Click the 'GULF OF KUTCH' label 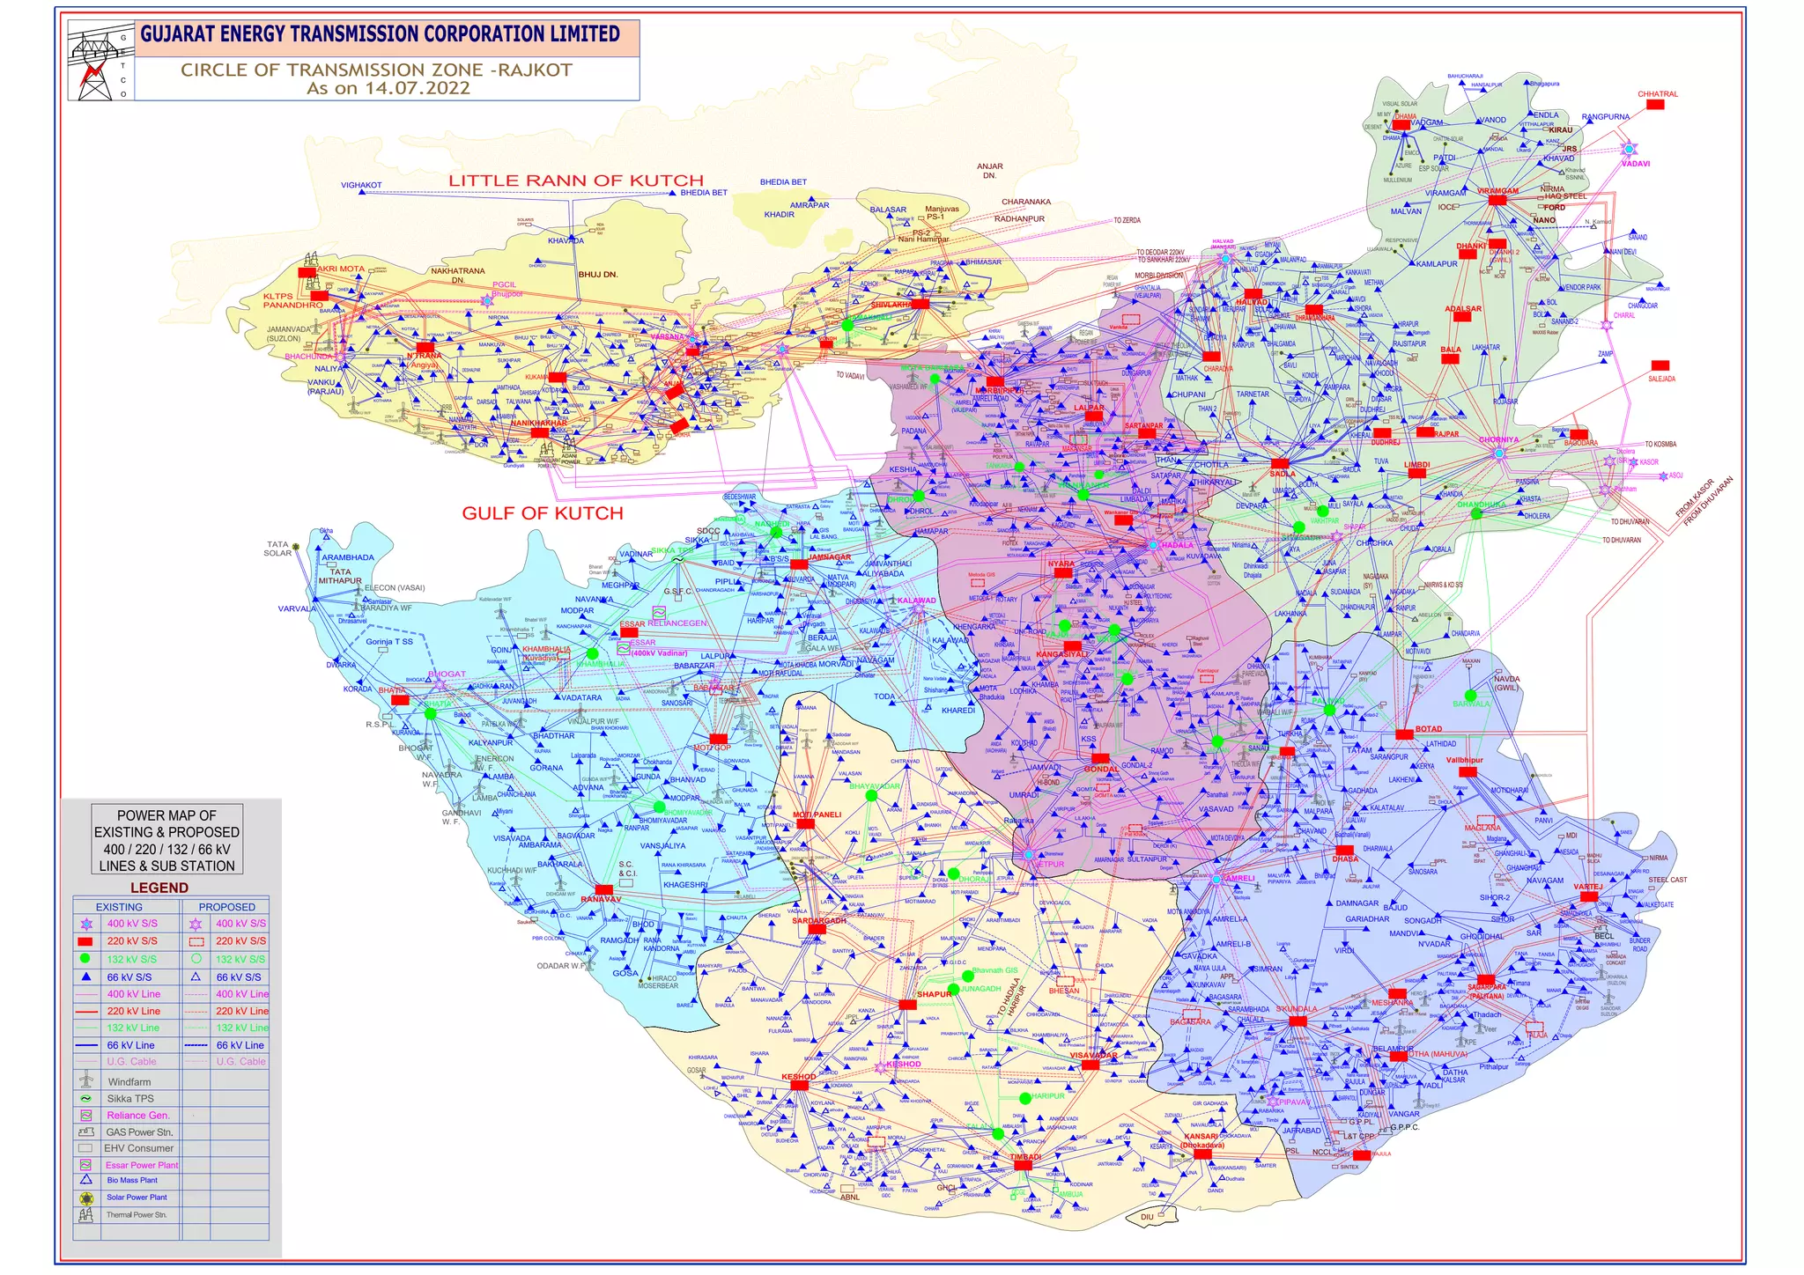(543, 513)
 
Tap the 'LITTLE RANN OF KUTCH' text (576, 181)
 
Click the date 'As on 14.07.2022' (388, 88)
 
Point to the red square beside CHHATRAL (1655, 105)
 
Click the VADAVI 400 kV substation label (1636, 164)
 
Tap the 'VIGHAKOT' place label (361, 185)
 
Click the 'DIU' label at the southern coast (1147, 1218)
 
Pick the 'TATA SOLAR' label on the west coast (277, 549)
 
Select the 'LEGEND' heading (159, 888)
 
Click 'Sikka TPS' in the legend (130, 1098)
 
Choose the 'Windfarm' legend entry (129, 1082)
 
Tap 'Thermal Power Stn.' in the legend (137, 1215)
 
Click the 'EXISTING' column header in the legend (119, 907)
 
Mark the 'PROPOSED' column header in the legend (226, 907)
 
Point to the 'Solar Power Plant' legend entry (137, 1198)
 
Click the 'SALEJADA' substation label (1661, 379)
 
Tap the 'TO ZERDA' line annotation (1127, 220)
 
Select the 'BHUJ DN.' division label (598, 275)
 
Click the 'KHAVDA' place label (566, 240)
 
